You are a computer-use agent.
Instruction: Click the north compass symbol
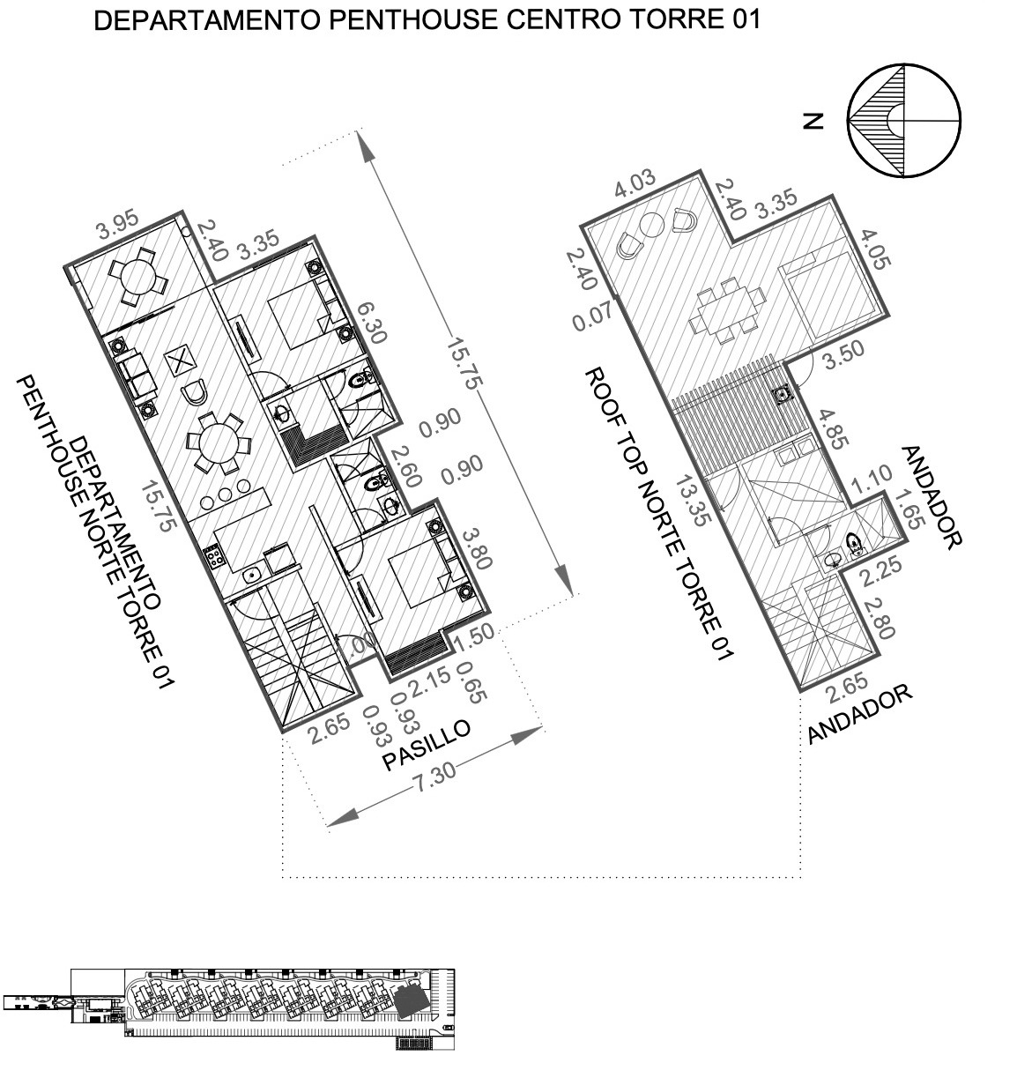point(903,121)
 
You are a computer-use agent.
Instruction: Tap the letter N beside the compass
point(813,121)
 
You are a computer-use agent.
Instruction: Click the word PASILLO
point(427,745)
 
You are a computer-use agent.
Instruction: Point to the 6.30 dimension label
point(371,323)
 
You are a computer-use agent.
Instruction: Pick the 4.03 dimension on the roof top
point(635,183)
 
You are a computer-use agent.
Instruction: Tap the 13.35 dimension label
point(693,501)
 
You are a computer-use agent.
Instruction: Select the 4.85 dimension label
point(834,428)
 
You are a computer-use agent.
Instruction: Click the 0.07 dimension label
point(593,316)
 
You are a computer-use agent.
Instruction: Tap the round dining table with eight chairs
point(219,444)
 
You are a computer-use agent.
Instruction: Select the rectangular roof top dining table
point(727,311)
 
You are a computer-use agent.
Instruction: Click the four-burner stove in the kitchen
point(214,557)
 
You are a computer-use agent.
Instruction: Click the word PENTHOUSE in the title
point(413,20)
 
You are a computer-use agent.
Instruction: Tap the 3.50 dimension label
point(843,354)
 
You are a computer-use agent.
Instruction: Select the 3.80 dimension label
point(477,549)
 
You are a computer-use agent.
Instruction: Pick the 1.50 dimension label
point(474,638)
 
